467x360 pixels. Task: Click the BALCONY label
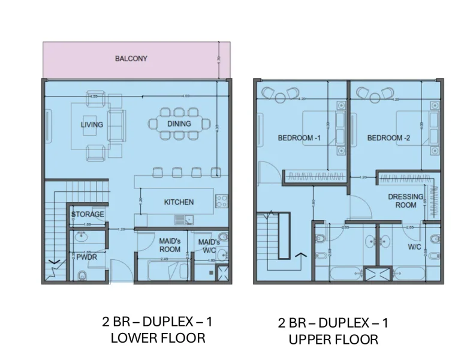coord(131,59)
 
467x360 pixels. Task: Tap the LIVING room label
coord(92,125)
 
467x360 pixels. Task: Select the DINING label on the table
coord(179,124)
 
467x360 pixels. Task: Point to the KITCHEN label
coord(179,202)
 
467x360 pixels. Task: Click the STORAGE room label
coord(88,214)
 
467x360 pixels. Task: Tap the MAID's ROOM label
coord(170,245)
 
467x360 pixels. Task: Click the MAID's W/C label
coord(209,245)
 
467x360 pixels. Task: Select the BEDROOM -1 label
coord(299,138)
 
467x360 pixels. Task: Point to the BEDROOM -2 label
coord(388,138)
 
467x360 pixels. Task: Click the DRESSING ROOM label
coord(405,200)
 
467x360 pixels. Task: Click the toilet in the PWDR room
coord(83,275)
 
